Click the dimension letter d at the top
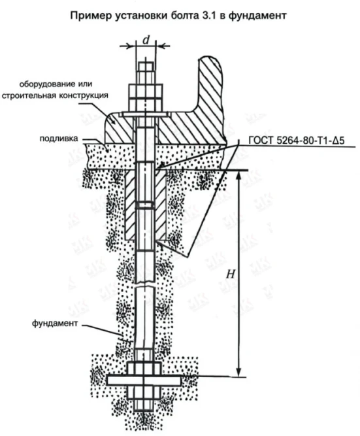[x=146, y=41]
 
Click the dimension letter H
[x=231, y=274]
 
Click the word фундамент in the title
[x=257, y=16]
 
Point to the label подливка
[x=59, y=139]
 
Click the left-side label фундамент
[x=55, y=324]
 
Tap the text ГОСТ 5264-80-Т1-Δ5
[x=297, y=141]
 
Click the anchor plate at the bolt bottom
[x=144, y=380]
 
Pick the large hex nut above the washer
[x=145, y=98]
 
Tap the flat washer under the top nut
[x=144, y=114]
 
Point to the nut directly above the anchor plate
[x=144, y=369]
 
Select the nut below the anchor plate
[x=144, y=392]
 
